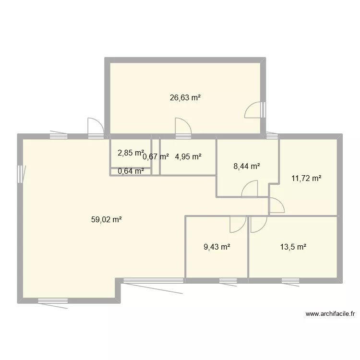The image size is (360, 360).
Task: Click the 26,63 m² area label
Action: pos(185,97)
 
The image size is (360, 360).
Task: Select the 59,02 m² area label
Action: pos(106,220)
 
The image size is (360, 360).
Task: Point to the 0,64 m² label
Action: pos(131,170)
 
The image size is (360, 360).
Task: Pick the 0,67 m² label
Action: pos(156,156)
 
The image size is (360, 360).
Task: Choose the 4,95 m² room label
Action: pos(188,156)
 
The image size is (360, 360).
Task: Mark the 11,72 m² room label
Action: pos(306,179)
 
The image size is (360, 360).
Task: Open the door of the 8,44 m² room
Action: pos(250,190)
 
